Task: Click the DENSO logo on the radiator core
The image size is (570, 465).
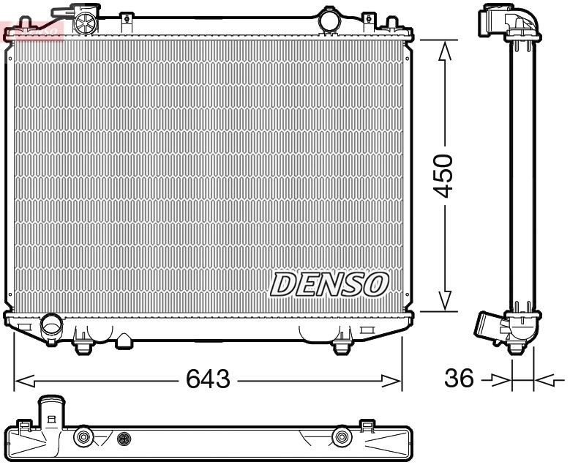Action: point(329,283)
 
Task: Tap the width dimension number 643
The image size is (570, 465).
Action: point(208,379)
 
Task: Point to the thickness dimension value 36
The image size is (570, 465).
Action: point(458,379)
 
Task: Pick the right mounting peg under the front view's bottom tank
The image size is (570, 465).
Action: point(341,344)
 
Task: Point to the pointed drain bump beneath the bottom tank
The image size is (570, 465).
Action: point(125,341)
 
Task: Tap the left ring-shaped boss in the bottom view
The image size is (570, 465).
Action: point(84,438)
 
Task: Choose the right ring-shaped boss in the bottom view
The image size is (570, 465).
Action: point(340,438)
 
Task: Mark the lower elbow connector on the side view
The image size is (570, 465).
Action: point(493,326)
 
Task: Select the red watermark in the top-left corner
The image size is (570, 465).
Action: point(32,29)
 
